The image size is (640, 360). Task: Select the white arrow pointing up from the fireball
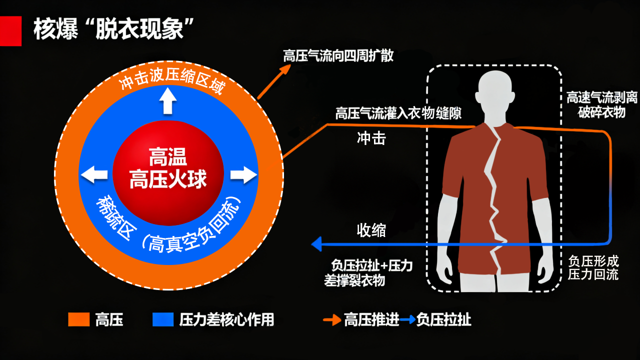(x=168, y=103)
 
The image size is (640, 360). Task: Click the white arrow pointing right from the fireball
(x=243, y=175)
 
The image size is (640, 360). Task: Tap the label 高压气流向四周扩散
(x=338, y=55)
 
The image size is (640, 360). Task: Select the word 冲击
(x=371, y=138)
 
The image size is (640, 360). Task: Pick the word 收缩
(x=371, y=230)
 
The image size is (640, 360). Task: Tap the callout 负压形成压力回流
(x=593, y=267)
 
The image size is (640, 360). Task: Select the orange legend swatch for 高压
(x=78, y=319)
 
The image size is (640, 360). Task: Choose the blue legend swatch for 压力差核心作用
(x=162, y=319)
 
